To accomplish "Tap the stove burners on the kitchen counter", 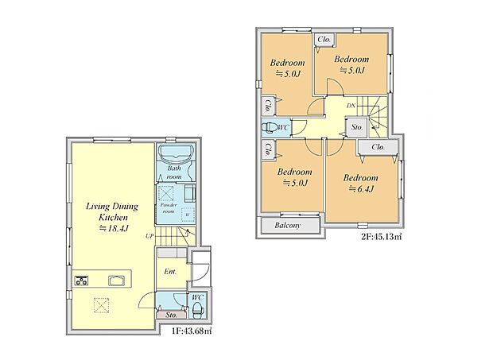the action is (x=81, y=281).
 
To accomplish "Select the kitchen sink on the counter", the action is (x=117, y=281).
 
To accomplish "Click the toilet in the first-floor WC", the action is (x=197, y=309).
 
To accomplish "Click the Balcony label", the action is (x=287, y=225).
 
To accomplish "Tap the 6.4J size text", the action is (x=361, y=189).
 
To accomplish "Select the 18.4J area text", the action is (x=114, y=228).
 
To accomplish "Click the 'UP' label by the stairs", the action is (x=149, y=235).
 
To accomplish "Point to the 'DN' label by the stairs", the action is (x=351, y=106).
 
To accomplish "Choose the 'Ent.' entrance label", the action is (x=170, y=272).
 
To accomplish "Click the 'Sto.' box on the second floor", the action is (x=356, y=127).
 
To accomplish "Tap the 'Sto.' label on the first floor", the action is (x=171, y=315).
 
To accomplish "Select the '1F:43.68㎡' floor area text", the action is (x=192, y=331).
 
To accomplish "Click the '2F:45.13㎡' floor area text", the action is (x=382, y=237).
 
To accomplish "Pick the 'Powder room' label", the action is (x=169, y=208).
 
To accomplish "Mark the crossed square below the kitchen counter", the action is (x=101, y=305).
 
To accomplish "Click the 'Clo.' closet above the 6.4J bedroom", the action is (x=378, y=147).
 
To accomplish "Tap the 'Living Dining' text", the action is (x=112, y=207).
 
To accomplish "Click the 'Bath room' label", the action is (x=174, y=172).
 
